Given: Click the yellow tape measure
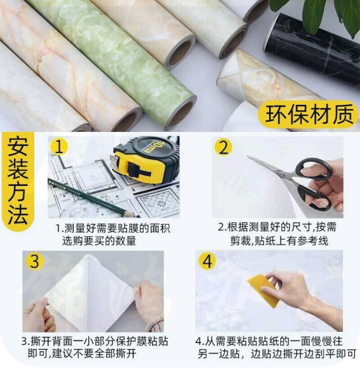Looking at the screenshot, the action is click(146, 160).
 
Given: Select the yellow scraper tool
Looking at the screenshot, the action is click(264, 290).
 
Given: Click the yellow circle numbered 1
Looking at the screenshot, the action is click(59, 146).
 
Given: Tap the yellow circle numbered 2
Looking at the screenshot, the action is click(223, 147).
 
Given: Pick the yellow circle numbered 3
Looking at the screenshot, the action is click(35, 261).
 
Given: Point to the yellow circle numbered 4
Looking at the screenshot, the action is click(206, 261).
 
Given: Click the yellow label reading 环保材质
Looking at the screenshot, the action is click(309, 114).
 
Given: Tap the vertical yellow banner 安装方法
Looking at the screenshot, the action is click(18, 181).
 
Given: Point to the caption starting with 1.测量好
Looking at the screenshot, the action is click(113, 235).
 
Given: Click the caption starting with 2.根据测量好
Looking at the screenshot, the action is click(277, 234).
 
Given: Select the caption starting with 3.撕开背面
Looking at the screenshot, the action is click(94, 347).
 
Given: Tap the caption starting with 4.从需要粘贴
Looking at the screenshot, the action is click(276, 348).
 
